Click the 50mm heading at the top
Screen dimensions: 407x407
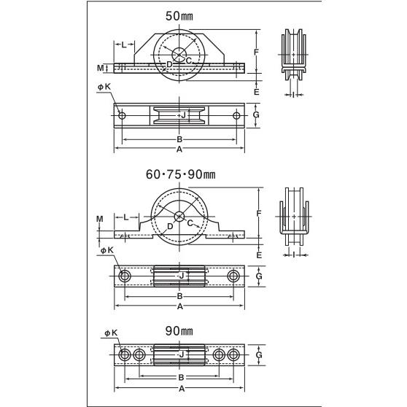(179, 16)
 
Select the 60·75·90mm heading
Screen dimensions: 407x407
(181, 174)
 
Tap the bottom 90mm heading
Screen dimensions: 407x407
(179, 331)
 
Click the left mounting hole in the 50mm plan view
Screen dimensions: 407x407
(122, 115)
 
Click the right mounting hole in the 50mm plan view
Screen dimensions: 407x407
(236, 115)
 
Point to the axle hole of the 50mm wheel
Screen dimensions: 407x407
(179, 55)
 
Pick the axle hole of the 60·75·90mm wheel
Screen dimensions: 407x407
(179, 217)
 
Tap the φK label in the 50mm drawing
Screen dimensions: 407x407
(104, 87)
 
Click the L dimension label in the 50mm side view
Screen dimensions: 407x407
(124, 44)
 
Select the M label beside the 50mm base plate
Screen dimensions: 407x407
(100, 68)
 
